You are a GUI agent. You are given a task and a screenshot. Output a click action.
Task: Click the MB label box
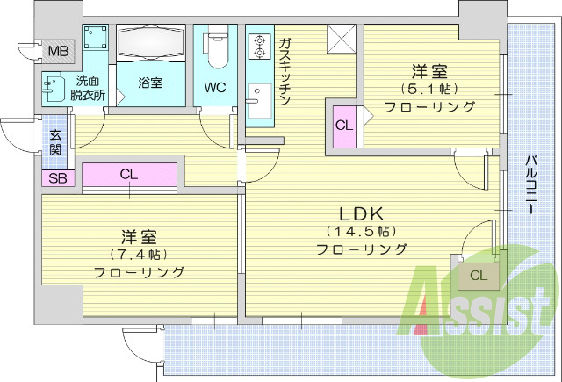coord(58,51)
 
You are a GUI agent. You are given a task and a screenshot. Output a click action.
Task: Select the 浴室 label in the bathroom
coord(150,84)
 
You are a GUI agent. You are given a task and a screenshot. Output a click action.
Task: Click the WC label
coord(215,88)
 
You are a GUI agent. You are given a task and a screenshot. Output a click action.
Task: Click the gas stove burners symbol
coord(260,46)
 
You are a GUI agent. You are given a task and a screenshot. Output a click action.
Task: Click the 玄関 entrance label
coord(55,142)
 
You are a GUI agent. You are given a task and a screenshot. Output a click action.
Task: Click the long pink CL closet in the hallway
coord(130,174)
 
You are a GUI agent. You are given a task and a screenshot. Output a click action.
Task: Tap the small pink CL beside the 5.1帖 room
coord(343,125)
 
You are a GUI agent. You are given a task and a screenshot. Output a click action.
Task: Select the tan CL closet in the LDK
coord(477,275)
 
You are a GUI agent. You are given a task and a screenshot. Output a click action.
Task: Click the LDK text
coord(361,213)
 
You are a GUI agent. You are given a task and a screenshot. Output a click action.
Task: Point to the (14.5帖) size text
coord(361,232)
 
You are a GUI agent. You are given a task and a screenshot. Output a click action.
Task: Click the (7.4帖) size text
coord(139,255)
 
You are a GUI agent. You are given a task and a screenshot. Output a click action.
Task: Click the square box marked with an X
coord(341,39)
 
